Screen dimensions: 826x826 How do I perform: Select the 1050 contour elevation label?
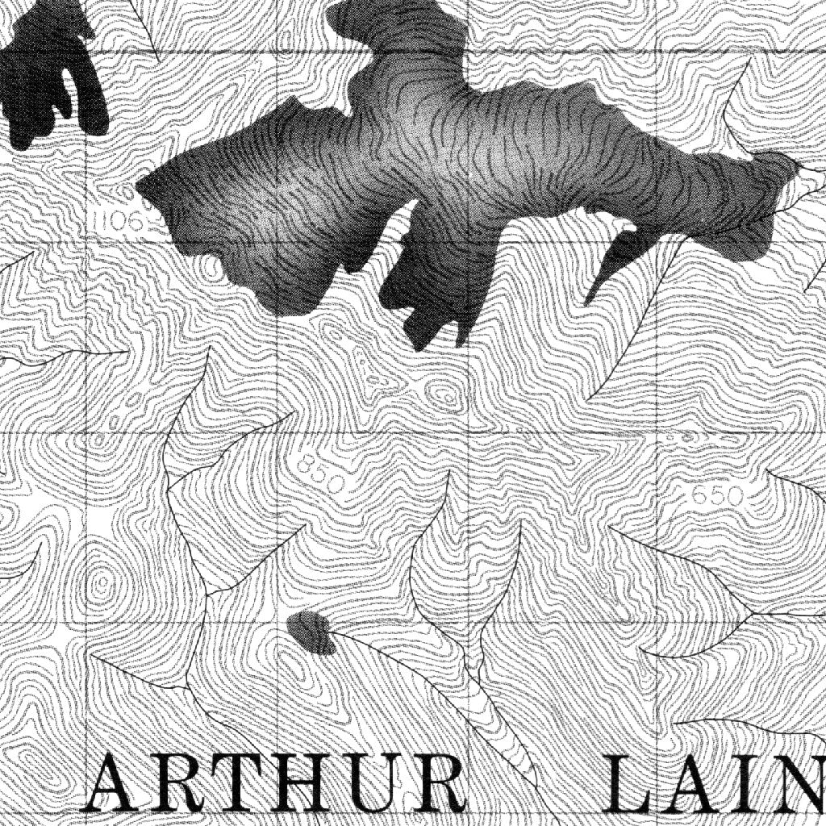point(113,219)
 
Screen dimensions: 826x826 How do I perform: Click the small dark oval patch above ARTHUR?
point(311,632)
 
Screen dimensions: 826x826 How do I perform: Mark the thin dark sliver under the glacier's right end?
point(613,262)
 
